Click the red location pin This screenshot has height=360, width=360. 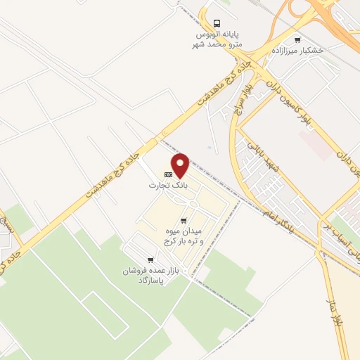tap(181, 165)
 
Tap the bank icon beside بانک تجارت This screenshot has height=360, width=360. tap(168, 174)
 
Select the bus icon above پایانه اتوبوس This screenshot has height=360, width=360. tap(217, 22)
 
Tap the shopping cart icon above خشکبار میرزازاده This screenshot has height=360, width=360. tap(297, 40)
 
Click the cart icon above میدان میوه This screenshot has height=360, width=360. tap(184, 220)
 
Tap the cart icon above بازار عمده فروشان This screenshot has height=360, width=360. tap(150, 259)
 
